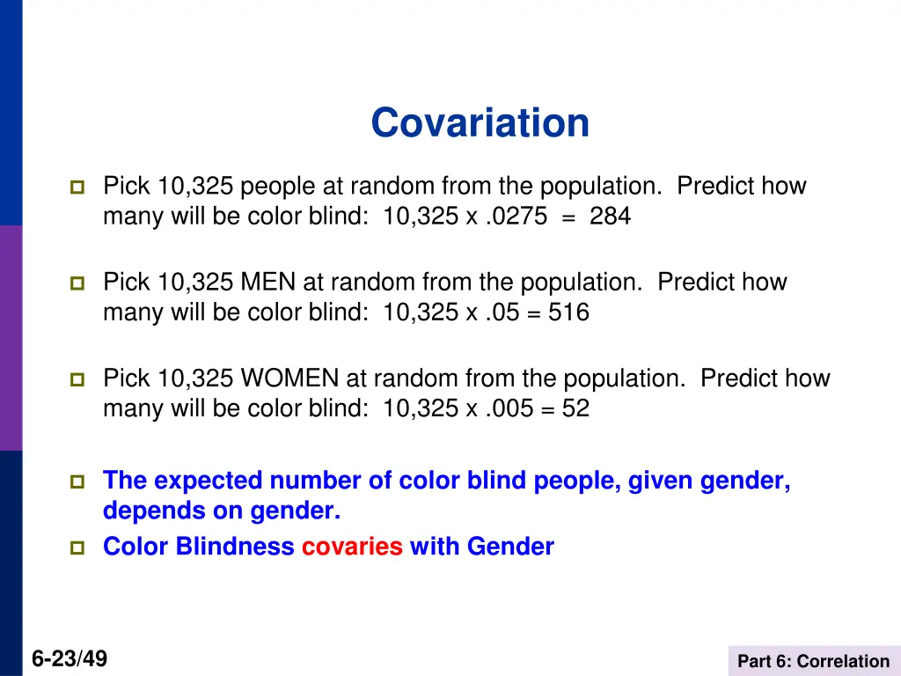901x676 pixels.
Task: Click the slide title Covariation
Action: (480, 122)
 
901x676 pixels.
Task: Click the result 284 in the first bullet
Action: (610, 216)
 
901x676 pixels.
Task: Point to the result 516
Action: (568, 312)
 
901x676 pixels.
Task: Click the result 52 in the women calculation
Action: (576, 408)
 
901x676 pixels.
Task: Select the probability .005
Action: (507, 408)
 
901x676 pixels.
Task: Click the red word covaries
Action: (352, 547)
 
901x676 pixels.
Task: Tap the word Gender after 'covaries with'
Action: (510, 547)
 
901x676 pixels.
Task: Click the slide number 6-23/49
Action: (70, 658)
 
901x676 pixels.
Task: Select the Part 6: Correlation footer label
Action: (813, 661)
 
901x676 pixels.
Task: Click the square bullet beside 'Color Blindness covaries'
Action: (77, 547)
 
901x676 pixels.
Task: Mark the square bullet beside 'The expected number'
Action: (77, 482)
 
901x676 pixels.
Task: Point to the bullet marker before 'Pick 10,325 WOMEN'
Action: (77, 380)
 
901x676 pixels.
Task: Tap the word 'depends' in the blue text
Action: (142, 511)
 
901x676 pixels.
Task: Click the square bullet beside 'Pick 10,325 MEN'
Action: (77, 283)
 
